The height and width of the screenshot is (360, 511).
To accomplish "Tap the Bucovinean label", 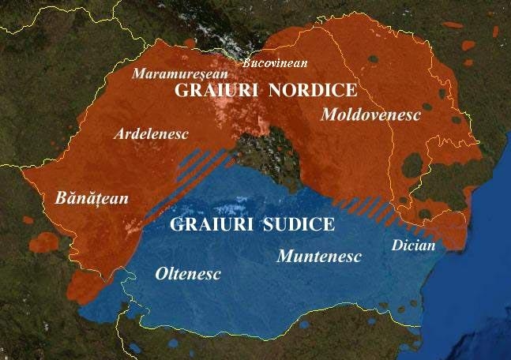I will (x=274, y=62).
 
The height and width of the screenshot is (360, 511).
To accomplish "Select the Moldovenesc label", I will (x=370, y=114).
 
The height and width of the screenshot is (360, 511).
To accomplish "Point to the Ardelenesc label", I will (x=151, y=134).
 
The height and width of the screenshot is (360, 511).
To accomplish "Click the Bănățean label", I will (x=92, y=197).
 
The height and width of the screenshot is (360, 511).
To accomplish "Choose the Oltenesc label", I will (x=186, y=274).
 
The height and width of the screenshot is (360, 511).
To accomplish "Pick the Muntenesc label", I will (x=318, y=257).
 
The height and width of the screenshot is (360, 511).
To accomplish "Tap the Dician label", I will (x=413, y=246).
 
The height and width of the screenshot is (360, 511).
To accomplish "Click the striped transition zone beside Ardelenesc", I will (x=204, y=164).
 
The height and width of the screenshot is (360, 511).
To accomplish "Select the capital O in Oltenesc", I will (x=158, y=274).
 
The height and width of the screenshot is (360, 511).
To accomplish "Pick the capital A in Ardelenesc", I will (x=119, y=134).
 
